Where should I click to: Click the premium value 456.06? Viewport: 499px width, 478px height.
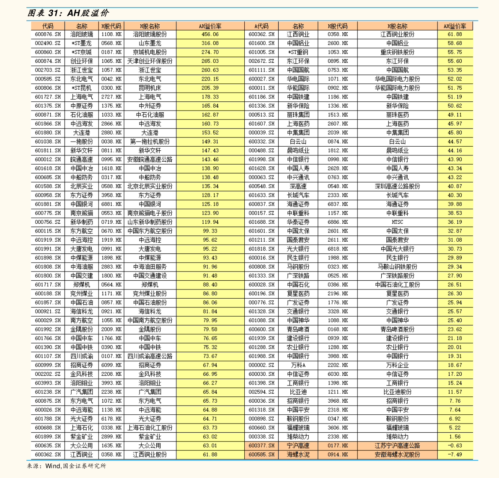click(210, 34)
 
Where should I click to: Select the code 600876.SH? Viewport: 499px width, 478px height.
click(47, 34)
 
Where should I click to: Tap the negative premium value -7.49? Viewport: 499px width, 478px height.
click(455, 455)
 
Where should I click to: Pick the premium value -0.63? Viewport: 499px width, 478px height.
click(455, 446)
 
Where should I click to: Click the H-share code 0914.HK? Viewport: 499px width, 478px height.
click(337, 455)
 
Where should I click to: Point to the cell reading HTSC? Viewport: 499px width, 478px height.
click(397, 222)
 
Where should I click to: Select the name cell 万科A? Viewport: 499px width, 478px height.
click(298, 365)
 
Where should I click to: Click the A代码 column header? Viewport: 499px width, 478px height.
click(261, 26)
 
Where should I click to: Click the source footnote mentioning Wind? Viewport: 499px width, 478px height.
click(67, 466)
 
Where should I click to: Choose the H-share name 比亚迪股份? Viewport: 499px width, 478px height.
click(397, 392)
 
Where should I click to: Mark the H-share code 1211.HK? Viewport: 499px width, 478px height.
click(337, 392)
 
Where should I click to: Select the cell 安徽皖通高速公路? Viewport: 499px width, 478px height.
click(150, 160)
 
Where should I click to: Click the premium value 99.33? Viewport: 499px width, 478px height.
click(210, 231)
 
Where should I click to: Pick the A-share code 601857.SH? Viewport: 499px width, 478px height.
click(47, 302)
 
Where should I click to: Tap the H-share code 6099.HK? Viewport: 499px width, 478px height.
click(111, 365)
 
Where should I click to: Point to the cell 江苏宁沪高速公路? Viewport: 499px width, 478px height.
click(397, 446)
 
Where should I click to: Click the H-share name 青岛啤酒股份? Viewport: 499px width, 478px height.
click(397, 329)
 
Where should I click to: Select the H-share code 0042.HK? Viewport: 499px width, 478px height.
click(111, 79)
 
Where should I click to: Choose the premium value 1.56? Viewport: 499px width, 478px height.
click(455, 437)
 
